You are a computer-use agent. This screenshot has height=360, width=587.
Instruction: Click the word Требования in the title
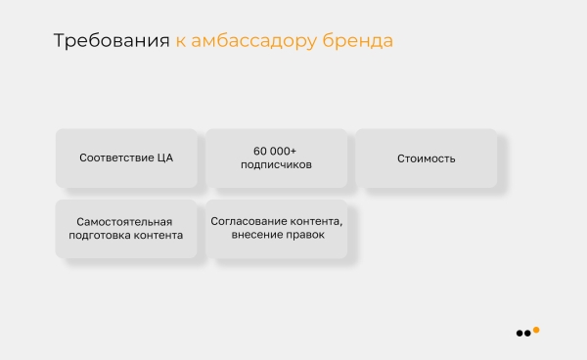tap(111, 41)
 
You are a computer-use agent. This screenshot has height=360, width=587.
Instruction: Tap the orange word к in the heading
tap(181, 42)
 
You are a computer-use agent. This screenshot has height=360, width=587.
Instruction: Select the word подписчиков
tap(276, 165)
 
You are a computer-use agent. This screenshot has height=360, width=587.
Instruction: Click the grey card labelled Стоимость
tap(426, 158)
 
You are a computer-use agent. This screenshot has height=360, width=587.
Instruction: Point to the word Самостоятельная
tap(126, 221)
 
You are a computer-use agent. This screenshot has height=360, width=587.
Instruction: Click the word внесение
tap(256, 236)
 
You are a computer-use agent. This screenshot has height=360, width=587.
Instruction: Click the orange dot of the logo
tap(536, 330)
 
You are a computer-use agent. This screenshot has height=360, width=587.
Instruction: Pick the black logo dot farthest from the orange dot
tap(519, 334)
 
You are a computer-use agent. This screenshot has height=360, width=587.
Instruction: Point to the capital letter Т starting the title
tap(58, 41)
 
